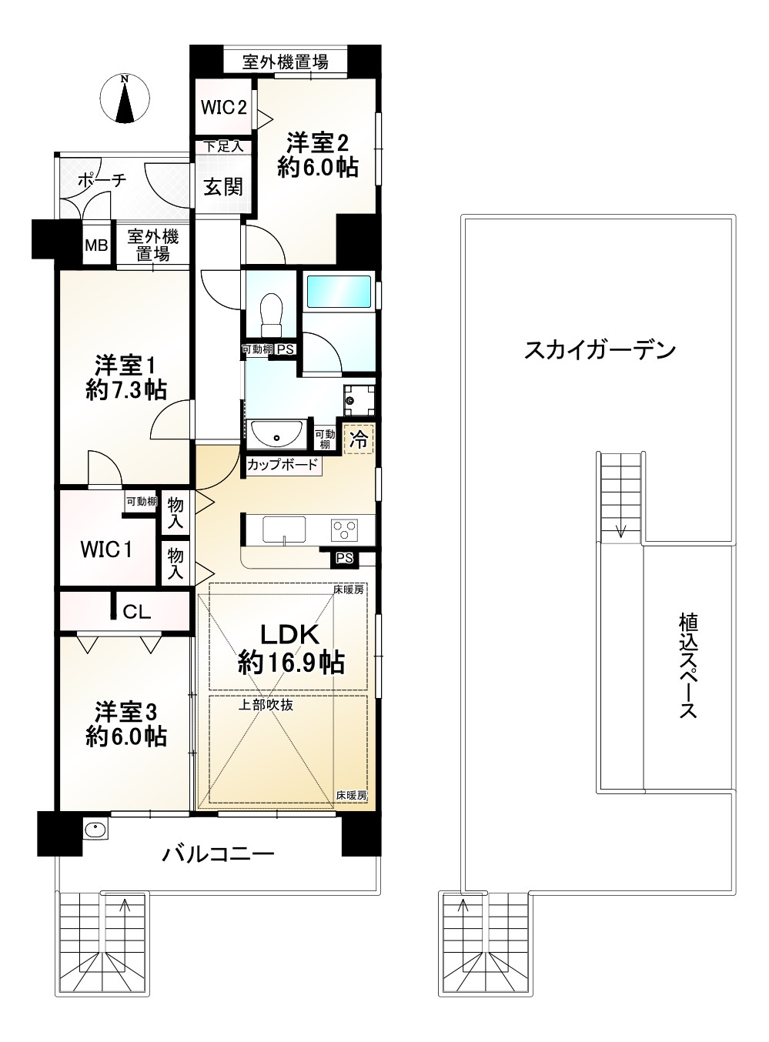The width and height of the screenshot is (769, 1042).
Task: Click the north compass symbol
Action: tap(125, 99)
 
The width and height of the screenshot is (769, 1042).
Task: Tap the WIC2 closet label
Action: tap(223, 107)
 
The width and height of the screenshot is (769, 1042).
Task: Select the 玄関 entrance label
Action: tap(223, 186)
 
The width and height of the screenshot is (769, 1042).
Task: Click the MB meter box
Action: tap(96, 246)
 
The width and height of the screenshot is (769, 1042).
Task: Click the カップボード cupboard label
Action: tap(283, 465)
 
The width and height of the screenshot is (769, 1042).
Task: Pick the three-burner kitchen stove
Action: tap(345, 529)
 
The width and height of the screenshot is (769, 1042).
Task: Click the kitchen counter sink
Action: tap(284, 529)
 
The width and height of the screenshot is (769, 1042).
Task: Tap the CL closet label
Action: tap(137, 613)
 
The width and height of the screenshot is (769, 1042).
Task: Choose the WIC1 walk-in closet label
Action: tap(107, 549)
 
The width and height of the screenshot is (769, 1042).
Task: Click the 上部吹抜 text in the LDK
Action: tap(265, 704)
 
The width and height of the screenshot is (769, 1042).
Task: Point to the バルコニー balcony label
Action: tap(218, 853)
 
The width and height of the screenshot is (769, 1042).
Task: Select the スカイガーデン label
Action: tap(600, 351)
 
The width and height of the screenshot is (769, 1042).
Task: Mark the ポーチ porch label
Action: tap(101, 180)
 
